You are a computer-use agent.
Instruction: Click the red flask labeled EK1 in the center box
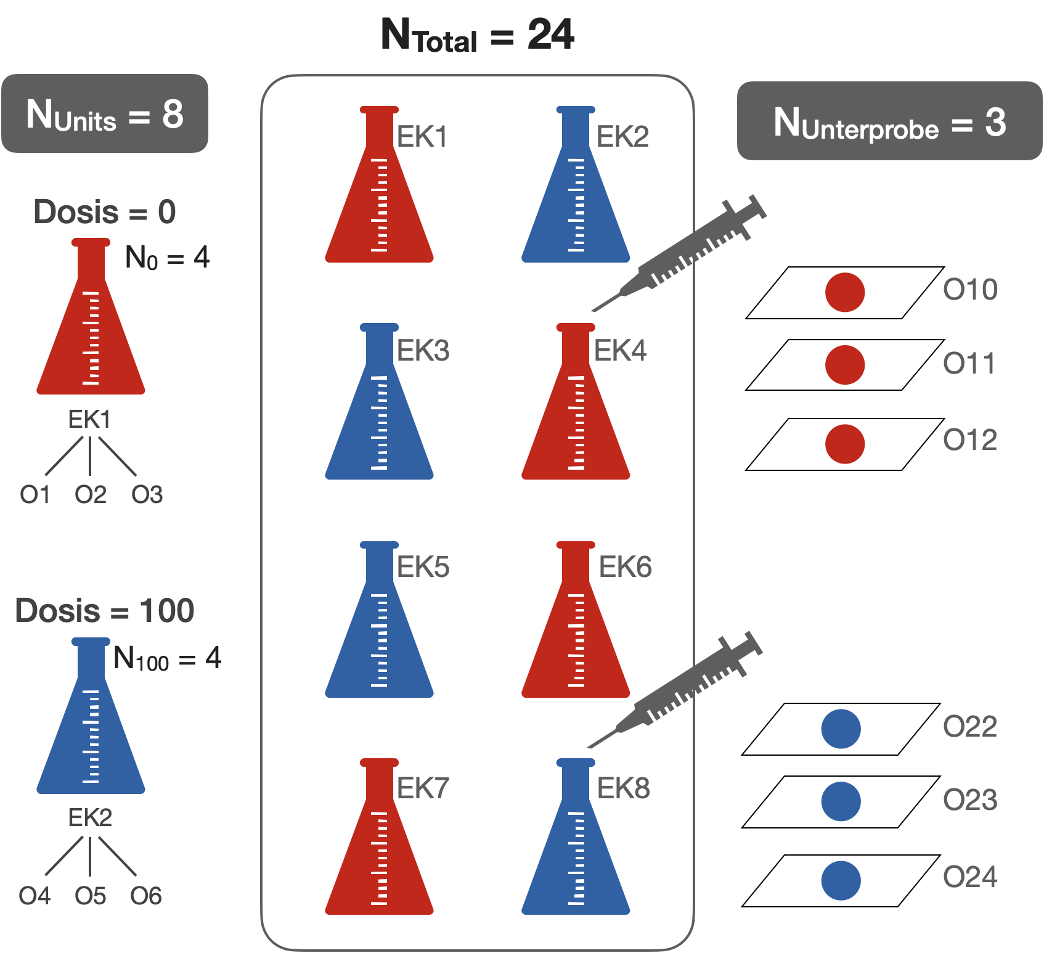(x=379, y=203)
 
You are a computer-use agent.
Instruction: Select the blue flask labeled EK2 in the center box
(x=576, y=203)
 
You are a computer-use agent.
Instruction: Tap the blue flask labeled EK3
(x=379, y=419)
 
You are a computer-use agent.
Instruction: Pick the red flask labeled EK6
(x=576, y=638)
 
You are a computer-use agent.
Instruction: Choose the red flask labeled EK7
(x=379, y=854)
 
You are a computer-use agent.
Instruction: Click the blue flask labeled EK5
(x=379, y=638)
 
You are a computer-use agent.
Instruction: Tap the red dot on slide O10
(x=845, y=292)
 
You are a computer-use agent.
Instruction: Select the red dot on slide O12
(x=845, y=444)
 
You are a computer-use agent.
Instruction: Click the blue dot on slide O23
(x=841, y=801)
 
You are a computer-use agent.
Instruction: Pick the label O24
(x=970, y=877)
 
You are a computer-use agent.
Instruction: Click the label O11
(x=969, y=364)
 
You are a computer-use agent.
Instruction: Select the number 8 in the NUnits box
(x=173, y=115)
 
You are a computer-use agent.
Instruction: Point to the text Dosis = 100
(x=105, y=611)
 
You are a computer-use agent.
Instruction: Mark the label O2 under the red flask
(x=91, y=494)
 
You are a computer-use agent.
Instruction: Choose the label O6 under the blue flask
(x=146, y=896)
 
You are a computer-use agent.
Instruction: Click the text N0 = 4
(x=167, y=257)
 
